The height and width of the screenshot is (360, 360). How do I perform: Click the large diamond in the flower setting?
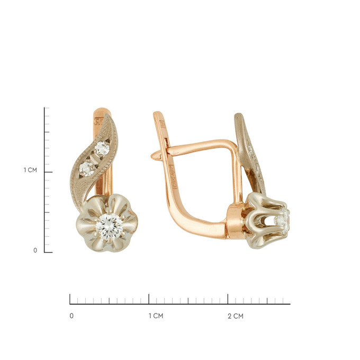coord(109,227)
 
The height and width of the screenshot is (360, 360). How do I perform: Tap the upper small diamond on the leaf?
coord(102,148)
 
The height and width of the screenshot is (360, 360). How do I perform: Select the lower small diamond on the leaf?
coord(86,168)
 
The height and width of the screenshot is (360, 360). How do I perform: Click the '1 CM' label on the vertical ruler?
coord(30,170)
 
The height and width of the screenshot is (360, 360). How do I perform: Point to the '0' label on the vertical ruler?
coord(35,250)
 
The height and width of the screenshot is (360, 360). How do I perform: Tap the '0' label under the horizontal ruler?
coord(71,316)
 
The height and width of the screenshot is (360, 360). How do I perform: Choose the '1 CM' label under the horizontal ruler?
coord(156,316)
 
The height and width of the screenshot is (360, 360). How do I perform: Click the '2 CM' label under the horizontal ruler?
coord(236,316)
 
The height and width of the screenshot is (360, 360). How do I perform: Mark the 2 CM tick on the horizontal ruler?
coord(228,299)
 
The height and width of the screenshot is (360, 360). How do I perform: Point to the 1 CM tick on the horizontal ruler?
coord(149,299)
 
